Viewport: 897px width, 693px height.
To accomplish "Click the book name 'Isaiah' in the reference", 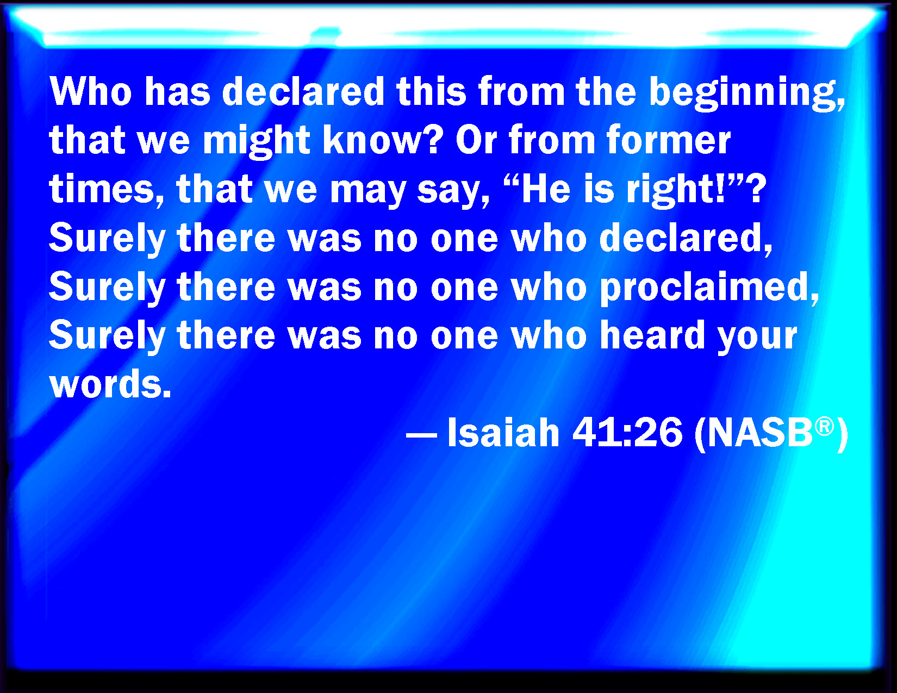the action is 503,432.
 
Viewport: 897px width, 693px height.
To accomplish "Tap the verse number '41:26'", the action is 627,432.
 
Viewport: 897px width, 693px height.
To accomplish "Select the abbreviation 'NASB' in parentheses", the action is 760,433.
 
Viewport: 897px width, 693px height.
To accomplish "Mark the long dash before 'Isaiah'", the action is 421,435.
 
